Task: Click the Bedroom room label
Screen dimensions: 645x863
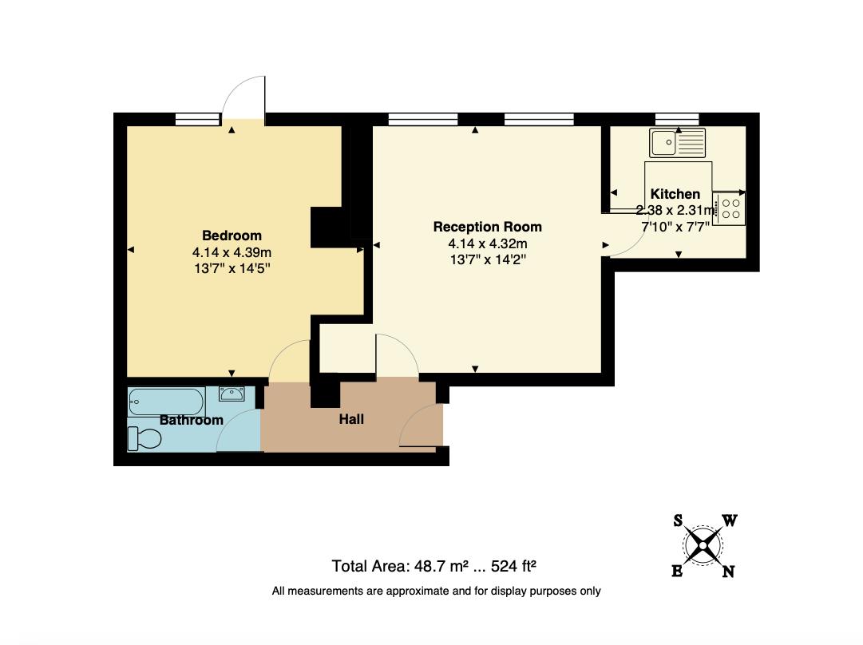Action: pos(232,235)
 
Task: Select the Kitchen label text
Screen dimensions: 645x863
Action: pos(675,194)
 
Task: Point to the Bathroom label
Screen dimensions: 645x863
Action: pos(191,420)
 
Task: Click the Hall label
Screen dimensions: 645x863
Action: pos(351,418)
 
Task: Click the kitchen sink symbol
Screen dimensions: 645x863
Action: pos(677,143)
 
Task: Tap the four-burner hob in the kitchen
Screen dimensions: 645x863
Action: pos(730,209)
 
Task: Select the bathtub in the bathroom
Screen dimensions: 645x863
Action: pos(166,400)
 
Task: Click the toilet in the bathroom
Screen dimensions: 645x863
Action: pos(144,438)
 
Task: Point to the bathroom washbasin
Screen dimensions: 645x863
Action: pos(232,393)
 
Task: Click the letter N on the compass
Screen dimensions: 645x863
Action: pos(728,572)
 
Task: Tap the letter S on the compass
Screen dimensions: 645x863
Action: pos(678,521)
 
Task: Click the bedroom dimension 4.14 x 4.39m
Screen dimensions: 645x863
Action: pos(232,252)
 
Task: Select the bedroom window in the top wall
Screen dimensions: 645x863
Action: pos(196,120)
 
